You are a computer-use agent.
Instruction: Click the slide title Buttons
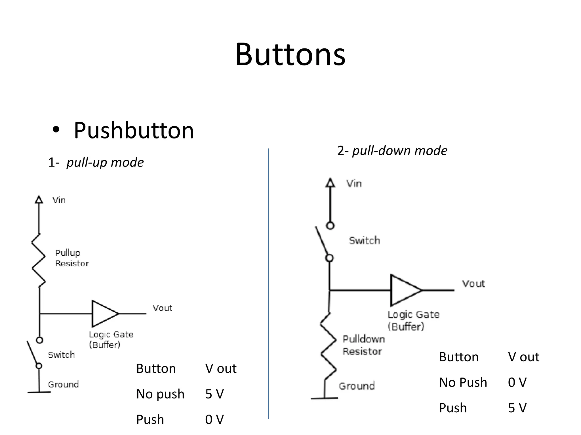coord(290,54)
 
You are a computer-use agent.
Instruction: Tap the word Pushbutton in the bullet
coord(134,131)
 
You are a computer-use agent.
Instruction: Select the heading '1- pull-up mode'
coord(96,163)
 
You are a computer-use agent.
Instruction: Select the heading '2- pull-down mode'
coord(392,151)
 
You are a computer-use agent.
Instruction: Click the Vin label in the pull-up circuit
coord(59,201)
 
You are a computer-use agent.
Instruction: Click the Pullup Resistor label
coord(71,258)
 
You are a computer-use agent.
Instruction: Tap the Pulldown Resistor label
coord(363,345)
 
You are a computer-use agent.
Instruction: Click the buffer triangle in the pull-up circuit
coord(103,314)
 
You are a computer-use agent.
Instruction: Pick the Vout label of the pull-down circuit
coord(473,284)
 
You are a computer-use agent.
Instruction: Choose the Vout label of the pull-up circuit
coord(162,308)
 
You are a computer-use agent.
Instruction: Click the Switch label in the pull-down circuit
coord(364,241)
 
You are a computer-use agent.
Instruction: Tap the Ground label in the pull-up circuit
coord(63,385)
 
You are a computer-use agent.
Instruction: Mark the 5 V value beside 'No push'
coord(214,394)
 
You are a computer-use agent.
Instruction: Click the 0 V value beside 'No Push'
coord(517,383)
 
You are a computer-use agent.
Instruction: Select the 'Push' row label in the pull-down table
coord(453,408)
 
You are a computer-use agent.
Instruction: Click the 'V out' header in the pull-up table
coord(221,369)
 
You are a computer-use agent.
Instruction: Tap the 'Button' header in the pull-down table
coord(459,357)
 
